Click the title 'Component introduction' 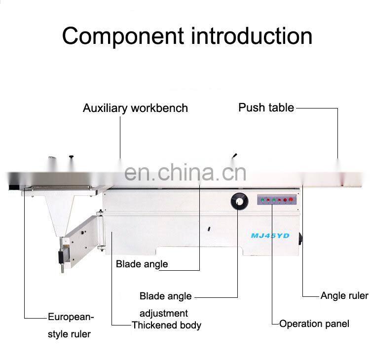(x=187, y=36)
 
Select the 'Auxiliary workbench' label (x=135, y=108)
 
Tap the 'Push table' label (x=266, y=108)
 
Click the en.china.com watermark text (x=185, y=173)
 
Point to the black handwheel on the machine (x=239, y=201)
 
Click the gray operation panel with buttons (x=276, y=200)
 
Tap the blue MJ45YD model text (x=270, y=236)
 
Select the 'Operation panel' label (x=314, y=324)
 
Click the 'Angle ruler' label (x=344, y=296)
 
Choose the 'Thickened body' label (x=166, y=325)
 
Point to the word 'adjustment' (x=163, y=313)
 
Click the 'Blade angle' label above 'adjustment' (x=165, y=296)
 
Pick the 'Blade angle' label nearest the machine (x=142, y=264)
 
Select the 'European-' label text (x=71, y=317)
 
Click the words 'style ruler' (x=69, y=334)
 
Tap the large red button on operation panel (x=291, y=200)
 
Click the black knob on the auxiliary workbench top (x=72, y=158)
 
